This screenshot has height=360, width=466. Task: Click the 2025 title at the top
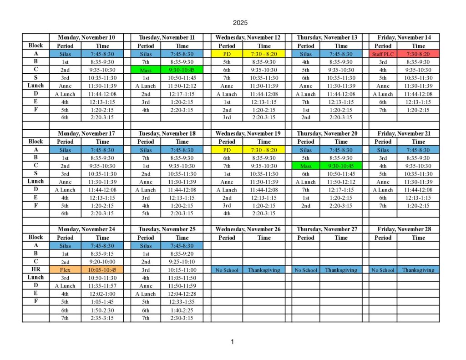coord(239,22)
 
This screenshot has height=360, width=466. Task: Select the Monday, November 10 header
coord(86,37)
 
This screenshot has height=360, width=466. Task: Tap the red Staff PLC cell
coord(383,54)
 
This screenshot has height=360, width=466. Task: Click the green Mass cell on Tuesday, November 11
coord(146,71)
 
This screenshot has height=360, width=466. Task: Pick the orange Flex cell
coord(65,269)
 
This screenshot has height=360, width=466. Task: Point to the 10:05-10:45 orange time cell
coord(102,269)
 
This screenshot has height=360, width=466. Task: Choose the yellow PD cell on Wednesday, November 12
coord(227,54)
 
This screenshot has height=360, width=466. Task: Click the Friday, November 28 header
coord(404,229)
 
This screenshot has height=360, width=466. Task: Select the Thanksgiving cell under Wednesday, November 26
coord(264,270)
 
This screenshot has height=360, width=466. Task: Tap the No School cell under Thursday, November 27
coord(305,270)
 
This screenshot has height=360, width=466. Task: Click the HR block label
coord(35,269)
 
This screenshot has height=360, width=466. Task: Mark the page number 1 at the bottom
coord(232,342)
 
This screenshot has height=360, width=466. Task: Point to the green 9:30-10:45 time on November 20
coord(341,166)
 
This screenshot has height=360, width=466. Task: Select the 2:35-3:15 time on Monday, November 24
coord(102,318)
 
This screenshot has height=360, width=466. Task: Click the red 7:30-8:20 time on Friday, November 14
coord(418,54)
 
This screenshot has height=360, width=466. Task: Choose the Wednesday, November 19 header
coord(248,133)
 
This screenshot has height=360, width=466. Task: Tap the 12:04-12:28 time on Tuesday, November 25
coord(182,294)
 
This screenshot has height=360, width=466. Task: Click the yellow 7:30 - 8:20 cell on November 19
coord(264,150)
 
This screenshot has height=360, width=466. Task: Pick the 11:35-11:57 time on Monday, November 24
coord(102,286)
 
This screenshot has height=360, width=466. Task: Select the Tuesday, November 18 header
coord(167,133)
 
